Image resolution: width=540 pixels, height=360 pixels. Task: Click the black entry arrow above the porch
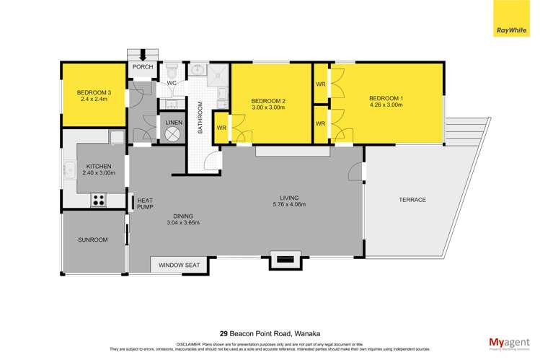(143, 54)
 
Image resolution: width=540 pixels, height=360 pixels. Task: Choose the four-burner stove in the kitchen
(99, 200)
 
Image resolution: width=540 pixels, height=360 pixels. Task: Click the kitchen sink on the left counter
(70, 170)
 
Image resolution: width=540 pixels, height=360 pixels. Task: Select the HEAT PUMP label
(145, 203)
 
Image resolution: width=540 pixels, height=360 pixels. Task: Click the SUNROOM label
(93, 240)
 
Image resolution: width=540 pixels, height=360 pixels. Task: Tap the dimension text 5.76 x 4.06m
(289, 205)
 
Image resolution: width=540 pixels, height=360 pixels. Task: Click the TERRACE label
(412, 200)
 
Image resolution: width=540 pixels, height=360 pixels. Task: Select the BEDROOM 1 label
(386, 98)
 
